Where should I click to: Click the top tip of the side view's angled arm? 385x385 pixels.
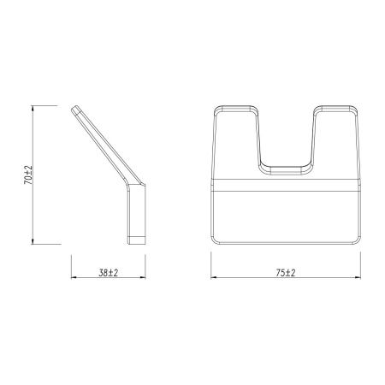pyautogui.click(x=78, y=108)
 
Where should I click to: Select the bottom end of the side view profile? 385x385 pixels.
pyautogui.click(x=139, y=242)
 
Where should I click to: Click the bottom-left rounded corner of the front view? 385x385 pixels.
pyautogui.click(x=214, y=240)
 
